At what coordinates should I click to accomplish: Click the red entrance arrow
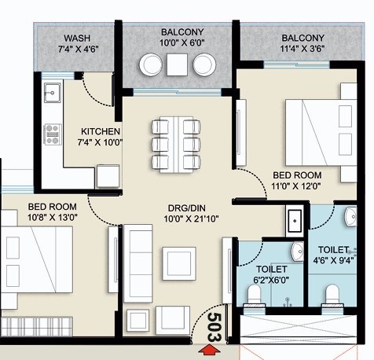click(208, 351)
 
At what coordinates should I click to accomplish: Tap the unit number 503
click(214, 328)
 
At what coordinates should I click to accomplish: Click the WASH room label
click(77, 39)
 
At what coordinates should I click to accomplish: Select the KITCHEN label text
click(101, 131)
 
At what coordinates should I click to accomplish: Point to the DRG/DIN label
click(187, 208)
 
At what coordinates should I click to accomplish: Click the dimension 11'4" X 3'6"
click(302, 49)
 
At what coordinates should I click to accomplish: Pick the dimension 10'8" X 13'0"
click(53, 218)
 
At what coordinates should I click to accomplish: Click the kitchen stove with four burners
click(53, 134)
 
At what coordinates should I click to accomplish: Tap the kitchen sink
click(53, 93)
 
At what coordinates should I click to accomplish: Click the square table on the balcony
click(178, 64)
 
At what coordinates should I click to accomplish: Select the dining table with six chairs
click(176, 145)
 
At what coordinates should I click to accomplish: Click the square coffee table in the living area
click(179, 263)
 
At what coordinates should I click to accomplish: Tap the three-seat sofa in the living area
click(138, 263)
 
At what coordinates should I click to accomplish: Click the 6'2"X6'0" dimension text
click(271, 280)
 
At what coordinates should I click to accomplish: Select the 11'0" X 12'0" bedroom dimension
click(296, 186)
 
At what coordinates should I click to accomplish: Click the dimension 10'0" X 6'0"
click(182, 42)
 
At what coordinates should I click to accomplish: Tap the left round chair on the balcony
click(151, 64)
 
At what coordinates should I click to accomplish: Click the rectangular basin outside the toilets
click(295, 221)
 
